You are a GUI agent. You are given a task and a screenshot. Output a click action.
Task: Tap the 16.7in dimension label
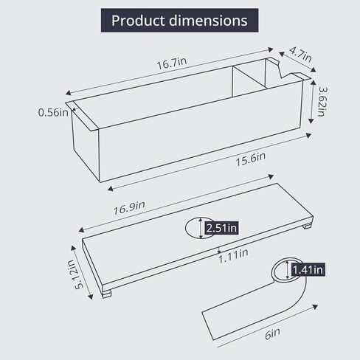point(170,65)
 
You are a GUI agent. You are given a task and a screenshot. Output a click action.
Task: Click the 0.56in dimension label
point(53,113)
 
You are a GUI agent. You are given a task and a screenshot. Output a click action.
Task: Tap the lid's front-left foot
point(108,294)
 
